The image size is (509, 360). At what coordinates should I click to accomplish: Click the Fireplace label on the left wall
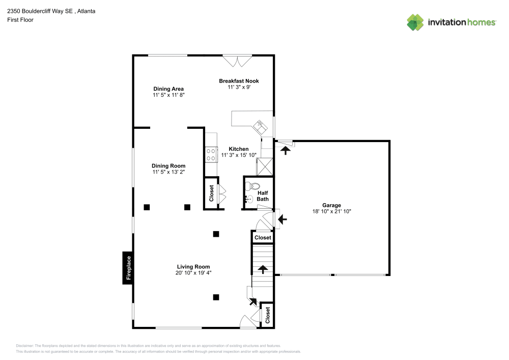(x=129, y=268)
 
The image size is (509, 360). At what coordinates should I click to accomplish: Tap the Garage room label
(x=331, y=205)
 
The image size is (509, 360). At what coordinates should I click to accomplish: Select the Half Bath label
(x=263, y=196)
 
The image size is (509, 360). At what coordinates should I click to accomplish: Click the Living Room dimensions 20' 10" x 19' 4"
(x=193, y=273)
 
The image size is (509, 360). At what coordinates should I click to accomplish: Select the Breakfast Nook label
(x=239, y=81)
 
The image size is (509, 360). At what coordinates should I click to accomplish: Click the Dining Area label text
(x=168, y=89)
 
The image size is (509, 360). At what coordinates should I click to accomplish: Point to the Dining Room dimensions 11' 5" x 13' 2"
(x=168, y=172)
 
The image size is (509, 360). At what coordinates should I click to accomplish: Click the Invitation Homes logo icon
(x=415, y=22)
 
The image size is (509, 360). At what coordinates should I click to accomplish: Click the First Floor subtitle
(x=20, y=20)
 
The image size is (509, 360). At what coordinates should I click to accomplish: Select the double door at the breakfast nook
(x=238, y=61)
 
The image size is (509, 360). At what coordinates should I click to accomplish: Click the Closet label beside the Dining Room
(x=212, y=193)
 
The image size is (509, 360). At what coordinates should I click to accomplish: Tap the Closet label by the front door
(x=267, y=315)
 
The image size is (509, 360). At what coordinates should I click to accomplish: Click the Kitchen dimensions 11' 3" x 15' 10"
(x=239, y=155)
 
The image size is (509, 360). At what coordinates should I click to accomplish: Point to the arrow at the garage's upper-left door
(x=286, y=150)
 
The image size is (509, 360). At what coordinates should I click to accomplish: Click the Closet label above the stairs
(x=263, y=238)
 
